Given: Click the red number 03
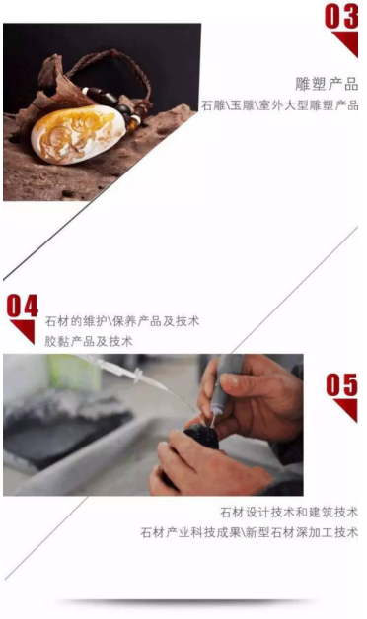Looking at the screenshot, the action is [341, 16].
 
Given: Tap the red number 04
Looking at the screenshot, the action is [22, 306].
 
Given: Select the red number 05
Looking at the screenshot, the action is [341, 384].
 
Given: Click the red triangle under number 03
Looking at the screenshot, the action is [346, 43].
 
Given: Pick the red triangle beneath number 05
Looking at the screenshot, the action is [347, 410].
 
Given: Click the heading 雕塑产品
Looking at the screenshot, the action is [327, 84].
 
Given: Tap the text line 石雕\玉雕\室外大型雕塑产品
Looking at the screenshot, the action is [280, 105].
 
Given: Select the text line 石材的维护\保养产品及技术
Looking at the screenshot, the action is [121, 321].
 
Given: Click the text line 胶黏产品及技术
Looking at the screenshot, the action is [89, 341].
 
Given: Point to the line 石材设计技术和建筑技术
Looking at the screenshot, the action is [289, 512].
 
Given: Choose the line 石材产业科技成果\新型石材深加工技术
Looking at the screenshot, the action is [249, 532].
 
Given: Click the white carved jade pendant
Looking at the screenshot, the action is [74, 133].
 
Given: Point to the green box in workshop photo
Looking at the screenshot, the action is [73, 372].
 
